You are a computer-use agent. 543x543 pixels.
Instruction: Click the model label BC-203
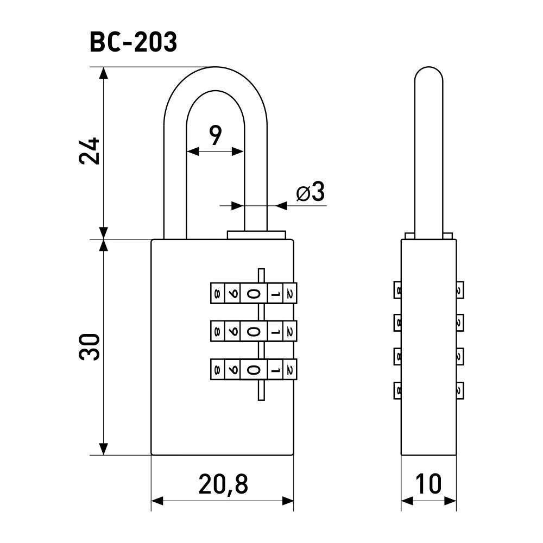point(134,42)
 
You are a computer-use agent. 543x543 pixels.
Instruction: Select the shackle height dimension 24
point(90,151)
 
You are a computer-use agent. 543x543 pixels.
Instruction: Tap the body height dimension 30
point(90,346)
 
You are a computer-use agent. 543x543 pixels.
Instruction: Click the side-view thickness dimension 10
point(428,484)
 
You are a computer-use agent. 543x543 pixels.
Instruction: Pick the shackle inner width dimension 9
point(215,135)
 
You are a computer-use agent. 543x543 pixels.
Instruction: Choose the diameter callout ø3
point(311,192)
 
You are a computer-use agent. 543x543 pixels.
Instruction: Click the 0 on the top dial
point(254,294)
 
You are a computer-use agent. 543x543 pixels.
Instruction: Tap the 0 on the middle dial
point(254,332)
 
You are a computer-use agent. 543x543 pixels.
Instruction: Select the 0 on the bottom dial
point(254,370)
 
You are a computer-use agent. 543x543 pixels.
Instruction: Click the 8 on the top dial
point(217,294)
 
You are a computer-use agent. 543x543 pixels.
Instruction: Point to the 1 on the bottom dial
point(275,370)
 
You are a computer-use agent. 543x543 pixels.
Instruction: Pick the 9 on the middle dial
point(233,332)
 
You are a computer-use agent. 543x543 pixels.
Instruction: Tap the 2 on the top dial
point(290,294)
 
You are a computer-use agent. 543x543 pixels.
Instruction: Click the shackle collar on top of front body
point(257,235)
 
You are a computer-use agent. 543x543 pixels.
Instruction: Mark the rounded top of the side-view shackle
point(429,74)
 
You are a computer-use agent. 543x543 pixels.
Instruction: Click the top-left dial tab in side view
point(397,290)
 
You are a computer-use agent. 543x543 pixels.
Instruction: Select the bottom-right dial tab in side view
point(460,390)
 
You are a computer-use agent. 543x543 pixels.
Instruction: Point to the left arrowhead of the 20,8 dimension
point(157,501)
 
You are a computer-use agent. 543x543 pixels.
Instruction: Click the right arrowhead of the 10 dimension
point(450,501)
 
